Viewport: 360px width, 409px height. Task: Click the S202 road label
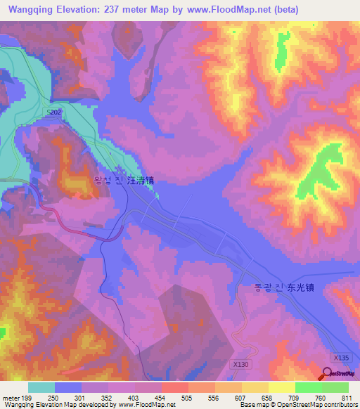tap(53, 112)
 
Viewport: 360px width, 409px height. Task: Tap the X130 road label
tap(240, 364)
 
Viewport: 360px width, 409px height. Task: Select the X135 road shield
tap(341, 358)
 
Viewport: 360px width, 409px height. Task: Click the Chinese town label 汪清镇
tap(141, 181)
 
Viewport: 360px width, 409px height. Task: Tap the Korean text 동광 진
tap(269, 287)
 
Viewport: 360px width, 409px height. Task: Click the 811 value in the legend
tap(347, 397)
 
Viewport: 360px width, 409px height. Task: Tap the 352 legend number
tap(107, 397)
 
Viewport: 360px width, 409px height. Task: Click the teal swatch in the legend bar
tap(41, 387)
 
